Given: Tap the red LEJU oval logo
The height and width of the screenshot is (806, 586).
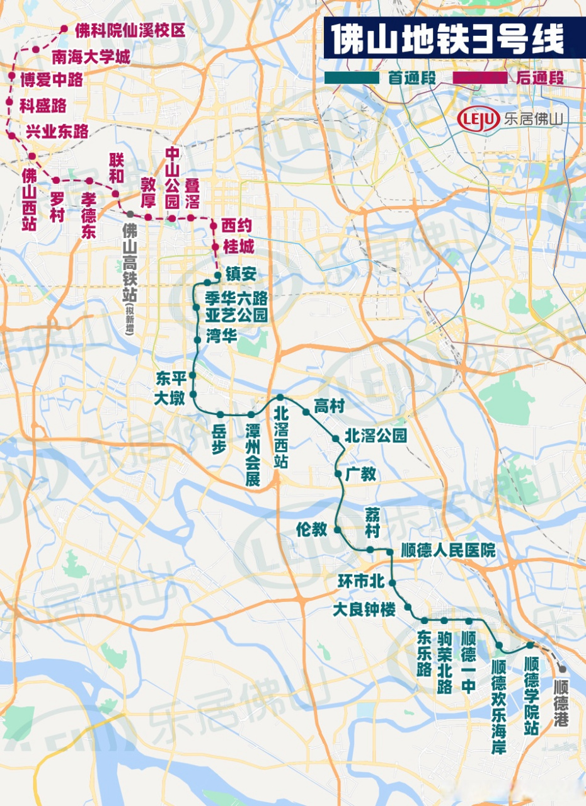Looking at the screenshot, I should click(x=478, y=118).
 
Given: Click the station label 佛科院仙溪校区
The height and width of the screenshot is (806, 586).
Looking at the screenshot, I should click(x=130, y=30).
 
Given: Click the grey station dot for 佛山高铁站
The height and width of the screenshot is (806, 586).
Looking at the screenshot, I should click(x=130, y=215).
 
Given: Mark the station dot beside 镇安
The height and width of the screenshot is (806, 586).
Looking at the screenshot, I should click(x=218, y=276).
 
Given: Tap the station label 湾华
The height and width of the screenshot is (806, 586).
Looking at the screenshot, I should click(x=221, y=336).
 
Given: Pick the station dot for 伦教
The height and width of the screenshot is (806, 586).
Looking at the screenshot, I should click(x=338, y=530).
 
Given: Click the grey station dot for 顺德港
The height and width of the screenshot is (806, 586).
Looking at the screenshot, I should click(x=561, y=670).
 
